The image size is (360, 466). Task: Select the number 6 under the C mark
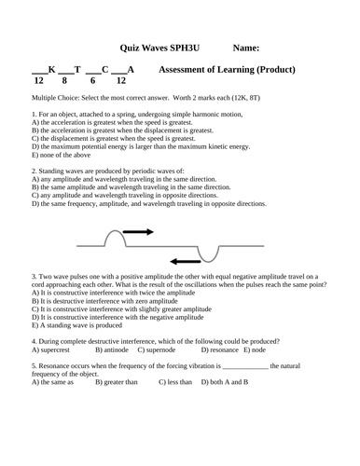coord(92,81)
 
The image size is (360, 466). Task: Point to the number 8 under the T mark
coord(65,81)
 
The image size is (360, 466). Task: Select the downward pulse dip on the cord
coord(206,252)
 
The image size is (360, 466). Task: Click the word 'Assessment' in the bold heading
coord(187,70)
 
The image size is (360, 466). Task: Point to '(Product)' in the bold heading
coord(276,70)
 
